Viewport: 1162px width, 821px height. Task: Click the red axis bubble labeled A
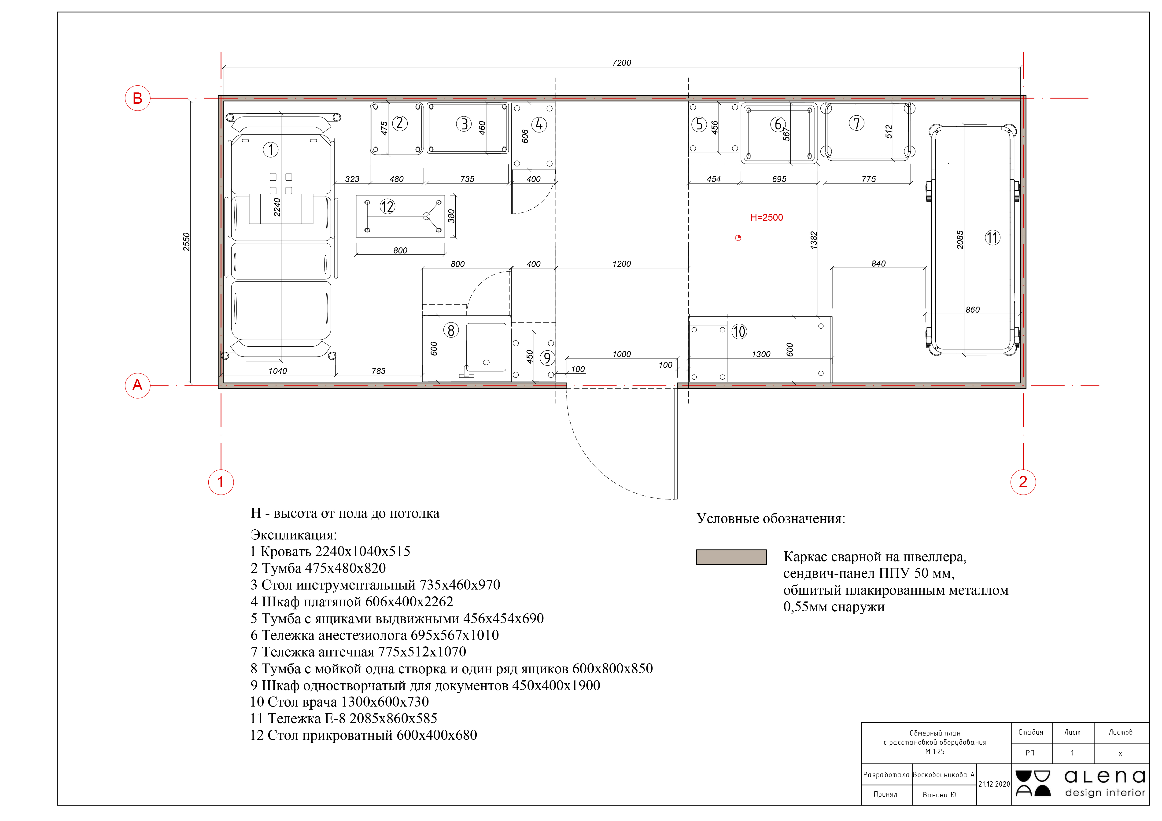[x=138, y=385]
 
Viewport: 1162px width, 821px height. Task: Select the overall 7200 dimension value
[x=621, y=63]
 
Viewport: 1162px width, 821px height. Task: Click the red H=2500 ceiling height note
[x=766, y=217]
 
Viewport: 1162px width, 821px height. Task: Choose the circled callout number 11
[x=992, y=238]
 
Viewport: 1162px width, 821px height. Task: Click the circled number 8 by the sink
[x=451, y=330]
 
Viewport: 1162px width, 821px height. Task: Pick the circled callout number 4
[x=539, y=125]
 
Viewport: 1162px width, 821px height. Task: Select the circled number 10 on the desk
[x=739, y=332]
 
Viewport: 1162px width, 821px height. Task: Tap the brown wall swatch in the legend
[x=731, y=557]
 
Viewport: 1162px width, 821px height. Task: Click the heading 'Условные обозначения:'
[x=771, y=518]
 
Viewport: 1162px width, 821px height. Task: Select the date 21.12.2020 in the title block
[x=994, y=784]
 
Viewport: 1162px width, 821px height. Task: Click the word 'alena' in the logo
[x=1105, y=777]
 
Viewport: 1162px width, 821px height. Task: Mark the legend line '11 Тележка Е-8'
[x=344, y=718]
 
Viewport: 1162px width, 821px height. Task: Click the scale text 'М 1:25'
[x=935, y=752]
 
